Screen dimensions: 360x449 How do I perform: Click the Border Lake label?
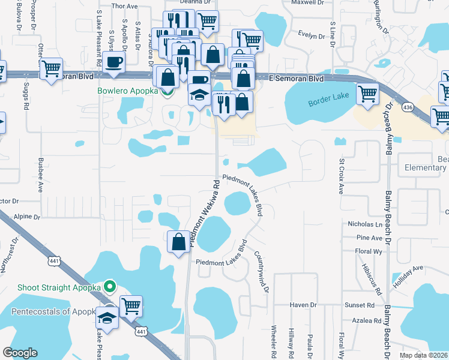pos(328,103)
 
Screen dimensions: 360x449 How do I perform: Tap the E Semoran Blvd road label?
pos(292,79)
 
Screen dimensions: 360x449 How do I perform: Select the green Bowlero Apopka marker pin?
pos(166,91)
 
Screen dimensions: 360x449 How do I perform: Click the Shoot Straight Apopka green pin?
pos(109,287)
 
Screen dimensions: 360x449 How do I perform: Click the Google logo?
pos(20,352)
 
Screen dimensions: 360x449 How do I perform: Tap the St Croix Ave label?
pos(341,177)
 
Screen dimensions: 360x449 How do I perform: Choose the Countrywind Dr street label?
pos(259,272)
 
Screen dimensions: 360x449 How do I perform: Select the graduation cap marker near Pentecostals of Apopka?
pos(107,319)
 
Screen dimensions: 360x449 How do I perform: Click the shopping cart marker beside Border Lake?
pos(367,94)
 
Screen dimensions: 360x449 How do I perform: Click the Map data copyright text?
pos(424,355)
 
